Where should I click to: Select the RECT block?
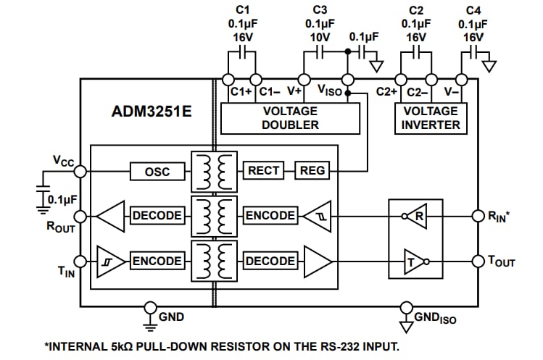(x=263, y=171)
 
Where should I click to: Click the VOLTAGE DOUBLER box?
(x=290, y=118)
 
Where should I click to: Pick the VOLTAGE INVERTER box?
(x=431, y=118)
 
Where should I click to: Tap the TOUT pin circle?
(x=478, y=261)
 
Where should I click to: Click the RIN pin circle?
(x=478, y=216)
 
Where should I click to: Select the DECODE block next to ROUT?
(x=157, y=216)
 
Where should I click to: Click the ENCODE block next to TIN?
(x=157, y=261)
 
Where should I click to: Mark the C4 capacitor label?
(x=473, y=10)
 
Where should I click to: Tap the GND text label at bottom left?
(x=171, y=317)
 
